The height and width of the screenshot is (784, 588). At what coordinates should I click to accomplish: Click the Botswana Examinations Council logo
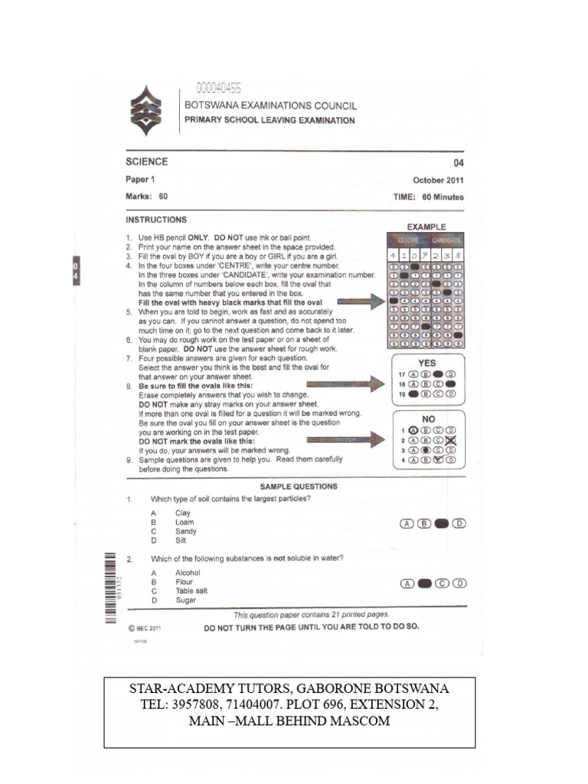pos(146,111)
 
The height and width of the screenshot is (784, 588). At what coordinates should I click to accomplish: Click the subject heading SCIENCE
pos(147,162)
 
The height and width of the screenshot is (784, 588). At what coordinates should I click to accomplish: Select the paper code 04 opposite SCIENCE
pos(458,162)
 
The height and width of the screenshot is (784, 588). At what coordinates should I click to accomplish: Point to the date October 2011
pos(438,181)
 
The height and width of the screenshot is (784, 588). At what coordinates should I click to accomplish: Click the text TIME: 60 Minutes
pos(429,197)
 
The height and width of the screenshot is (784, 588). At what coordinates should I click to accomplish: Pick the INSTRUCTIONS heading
pos(156,220)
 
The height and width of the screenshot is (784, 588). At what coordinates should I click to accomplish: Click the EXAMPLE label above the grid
pos(426,227)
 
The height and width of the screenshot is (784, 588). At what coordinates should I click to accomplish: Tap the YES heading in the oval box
pos(427,363)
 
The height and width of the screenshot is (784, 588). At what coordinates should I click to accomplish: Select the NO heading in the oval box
pos(427,420)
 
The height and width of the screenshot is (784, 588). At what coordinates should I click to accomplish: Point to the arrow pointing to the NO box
pos(345,439)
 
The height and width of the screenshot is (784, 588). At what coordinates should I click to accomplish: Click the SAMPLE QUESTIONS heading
pos(299,486)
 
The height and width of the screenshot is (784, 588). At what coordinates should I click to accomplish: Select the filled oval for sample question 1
pos(442,524)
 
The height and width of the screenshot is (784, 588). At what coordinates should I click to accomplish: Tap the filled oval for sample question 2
pos(425,583)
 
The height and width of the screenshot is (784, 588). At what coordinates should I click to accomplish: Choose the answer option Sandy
pos(186,531)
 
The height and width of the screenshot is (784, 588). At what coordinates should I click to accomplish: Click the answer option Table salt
pos(191,591)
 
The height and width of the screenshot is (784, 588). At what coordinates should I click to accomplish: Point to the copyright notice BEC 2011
pos(144,628)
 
